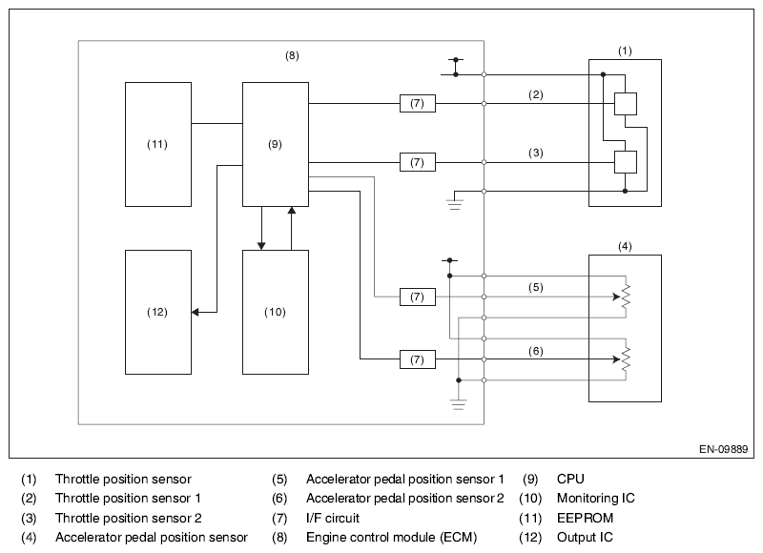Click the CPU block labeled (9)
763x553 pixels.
(276, 145)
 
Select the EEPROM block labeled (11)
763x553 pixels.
(158, 145)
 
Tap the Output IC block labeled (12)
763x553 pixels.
(158, 312)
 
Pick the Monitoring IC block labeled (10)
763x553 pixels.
(276, 312)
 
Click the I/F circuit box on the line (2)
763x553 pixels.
(418, 104)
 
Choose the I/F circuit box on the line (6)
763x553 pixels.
(418, 359)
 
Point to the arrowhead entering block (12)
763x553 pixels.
(196, 312)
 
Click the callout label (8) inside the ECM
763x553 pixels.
(292, 55)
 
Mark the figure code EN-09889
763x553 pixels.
(723, 449)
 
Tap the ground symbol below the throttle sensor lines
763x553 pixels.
(455, 204)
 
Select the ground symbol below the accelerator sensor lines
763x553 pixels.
(459, 404)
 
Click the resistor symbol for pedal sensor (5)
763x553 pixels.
(626, 297)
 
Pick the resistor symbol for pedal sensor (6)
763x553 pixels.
(626, 359)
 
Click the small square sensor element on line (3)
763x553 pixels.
(626, 162)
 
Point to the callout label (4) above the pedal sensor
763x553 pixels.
(625, 247)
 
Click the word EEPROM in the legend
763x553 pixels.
(585, 518)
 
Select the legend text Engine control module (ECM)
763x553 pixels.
(391, 538)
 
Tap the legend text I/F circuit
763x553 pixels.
(332, 518)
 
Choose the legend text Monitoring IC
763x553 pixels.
(595, 499)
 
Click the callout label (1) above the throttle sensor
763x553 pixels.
(625, 51)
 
